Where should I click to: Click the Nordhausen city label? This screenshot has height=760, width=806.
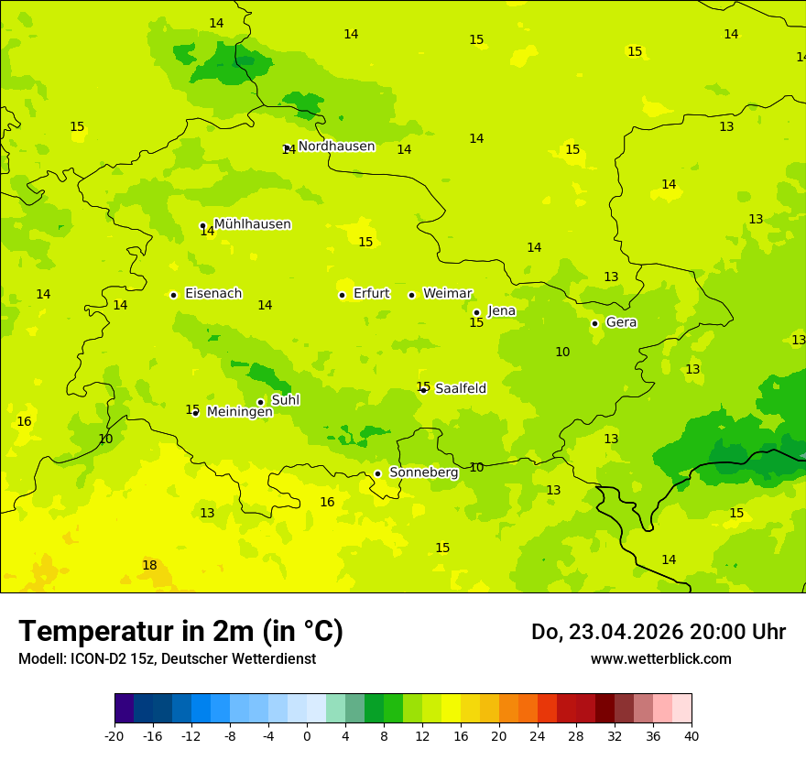click(x=336, y=147)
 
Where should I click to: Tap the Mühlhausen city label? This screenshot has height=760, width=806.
click(x=252, y=224)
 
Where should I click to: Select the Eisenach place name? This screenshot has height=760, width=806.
click(x=213, y=294)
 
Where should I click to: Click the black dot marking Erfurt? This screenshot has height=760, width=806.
click(x=342, y=295)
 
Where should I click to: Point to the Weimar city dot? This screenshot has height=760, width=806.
click(x=411, y=295)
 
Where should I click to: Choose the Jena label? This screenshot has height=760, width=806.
click(x=501, y=311)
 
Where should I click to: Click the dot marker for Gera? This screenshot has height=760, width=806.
click(x=594, y=323)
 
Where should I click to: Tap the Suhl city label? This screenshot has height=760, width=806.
click(x=285, y=400)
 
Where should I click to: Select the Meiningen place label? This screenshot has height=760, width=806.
click(x=239, y=412)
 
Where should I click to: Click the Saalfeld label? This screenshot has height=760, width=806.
click(x=460, y=389)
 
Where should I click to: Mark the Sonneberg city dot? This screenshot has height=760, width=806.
click(x=377, y=473)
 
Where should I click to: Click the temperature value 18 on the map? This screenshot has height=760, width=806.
click(x=149, y=566)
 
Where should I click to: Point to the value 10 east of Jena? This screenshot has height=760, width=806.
click(x=562, y=353)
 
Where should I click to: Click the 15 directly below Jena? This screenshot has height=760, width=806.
click(x=476, y=323)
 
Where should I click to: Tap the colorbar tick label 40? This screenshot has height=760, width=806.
click(x=692, y=735)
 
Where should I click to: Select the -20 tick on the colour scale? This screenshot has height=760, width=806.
click(x=114, y=735)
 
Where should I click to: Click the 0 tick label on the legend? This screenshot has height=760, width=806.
click(x=307, y=735)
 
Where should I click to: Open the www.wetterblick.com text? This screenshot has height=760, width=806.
click(x=660, y=659)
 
